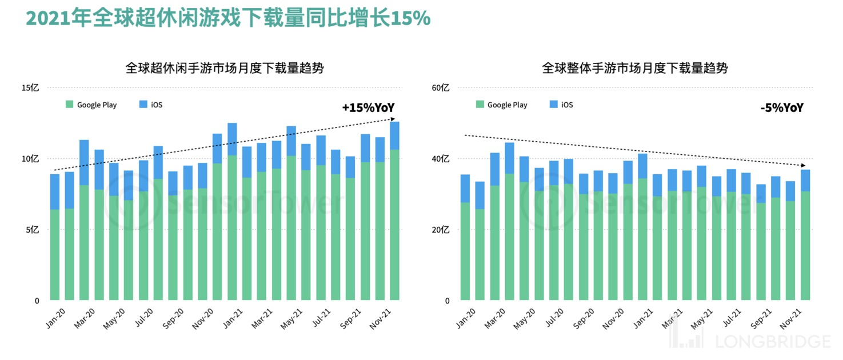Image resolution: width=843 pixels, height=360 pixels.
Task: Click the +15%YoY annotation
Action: [368, 107]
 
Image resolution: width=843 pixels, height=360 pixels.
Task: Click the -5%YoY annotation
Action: [781, 107]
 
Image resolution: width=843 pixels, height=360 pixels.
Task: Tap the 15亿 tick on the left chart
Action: [30, 88]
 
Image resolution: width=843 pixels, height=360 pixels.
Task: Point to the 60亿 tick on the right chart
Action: [441, 88]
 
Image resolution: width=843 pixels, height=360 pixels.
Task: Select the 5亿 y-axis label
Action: [33, 230]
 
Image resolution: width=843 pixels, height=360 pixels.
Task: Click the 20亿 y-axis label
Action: [441, 230]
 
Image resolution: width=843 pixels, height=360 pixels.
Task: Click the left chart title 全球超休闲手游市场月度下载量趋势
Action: [225, 69]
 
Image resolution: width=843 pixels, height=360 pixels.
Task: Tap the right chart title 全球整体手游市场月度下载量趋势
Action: [634, 69]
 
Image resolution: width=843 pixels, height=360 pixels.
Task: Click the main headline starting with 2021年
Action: [227, 18]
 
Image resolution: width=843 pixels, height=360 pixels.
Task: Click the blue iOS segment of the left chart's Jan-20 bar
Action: [55, 191]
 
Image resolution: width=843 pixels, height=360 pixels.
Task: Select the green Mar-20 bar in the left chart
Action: [84, 243]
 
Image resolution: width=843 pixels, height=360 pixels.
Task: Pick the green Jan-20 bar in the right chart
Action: [465, 251]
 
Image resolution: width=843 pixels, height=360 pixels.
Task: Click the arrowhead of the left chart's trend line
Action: [393, 119]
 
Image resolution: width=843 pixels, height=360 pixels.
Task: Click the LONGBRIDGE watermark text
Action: [773, 342]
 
